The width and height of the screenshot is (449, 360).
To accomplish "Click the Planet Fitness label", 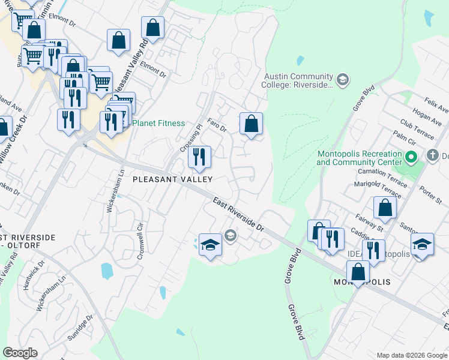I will click(158, 123).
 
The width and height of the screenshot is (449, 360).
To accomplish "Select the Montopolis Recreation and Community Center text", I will click(359, 158).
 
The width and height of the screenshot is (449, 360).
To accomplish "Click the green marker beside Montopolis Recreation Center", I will click(411, 158).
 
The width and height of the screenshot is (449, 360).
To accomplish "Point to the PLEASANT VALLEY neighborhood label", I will click(172, 179).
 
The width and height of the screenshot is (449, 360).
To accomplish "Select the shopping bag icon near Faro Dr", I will click(251, 124).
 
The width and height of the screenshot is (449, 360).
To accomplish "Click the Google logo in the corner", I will click(20, 353).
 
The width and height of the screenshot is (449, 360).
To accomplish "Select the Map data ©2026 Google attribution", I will click(412, 355).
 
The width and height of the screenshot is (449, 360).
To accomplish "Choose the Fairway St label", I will click(369, 225).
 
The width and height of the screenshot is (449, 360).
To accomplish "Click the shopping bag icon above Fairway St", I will click(385, 208).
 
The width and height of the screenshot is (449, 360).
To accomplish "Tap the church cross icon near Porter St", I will click(432, 155).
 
